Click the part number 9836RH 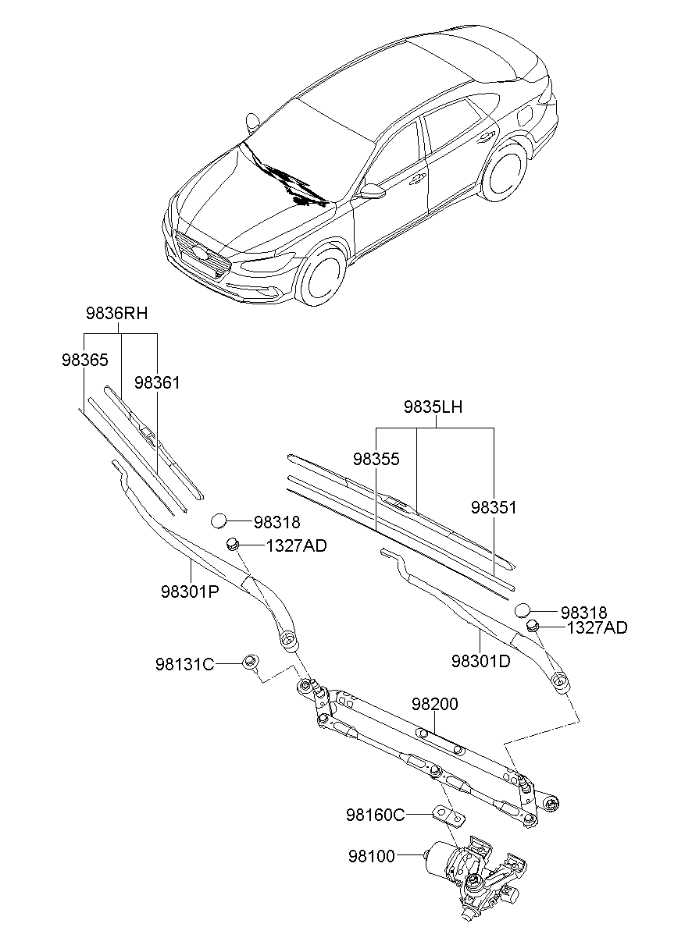117,314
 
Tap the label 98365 85,360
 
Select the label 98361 157,382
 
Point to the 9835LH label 433,407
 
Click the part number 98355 376,459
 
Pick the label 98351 494,507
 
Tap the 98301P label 190,592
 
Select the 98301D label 480,661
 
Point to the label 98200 434,704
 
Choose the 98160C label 376,815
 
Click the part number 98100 372,856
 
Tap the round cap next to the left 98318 219,521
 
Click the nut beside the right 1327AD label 533,627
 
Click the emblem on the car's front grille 200,253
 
